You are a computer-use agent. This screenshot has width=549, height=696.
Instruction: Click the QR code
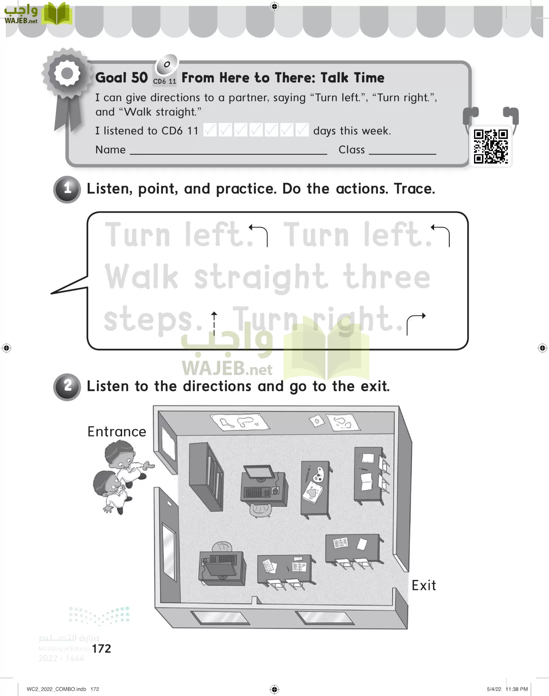pos(491,147)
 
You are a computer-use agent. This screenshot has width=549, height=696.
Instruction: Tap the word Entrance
pos(117,432)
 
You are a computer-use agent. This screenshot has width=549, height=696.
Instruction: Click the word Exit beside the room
pos(424,585)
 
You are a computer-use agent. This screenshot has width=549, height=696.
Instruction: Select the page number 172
pos(102,648)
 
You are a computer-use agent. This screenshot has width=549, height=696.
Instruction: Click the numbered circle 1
pos(67,189)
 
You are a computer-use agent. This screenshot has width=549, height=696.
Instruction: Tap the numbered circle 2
pos(67,387)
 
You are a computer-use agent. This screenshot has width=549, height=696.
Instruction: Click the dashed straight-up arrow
pos(214,323)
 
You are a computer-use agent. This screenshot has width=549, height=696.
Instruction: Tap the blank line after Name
pos(228,154)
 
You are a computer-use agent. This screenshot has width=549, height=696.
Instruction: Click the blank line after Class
pos(403,154)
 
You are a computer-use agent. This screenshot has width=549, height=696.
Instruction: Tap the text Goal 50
pos(121,78)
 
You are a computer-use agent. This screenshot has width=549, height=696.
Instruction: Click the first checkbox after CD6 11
pos(210,130)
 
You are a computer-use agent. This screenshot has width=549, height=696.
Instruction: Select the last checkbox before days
pos(302,130)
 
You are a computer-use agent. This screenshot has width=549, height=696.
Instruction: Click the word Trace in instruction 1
pos(415,189)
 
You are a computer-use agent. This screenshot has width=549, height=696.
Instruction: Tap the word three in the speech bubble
pos(386,276)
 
